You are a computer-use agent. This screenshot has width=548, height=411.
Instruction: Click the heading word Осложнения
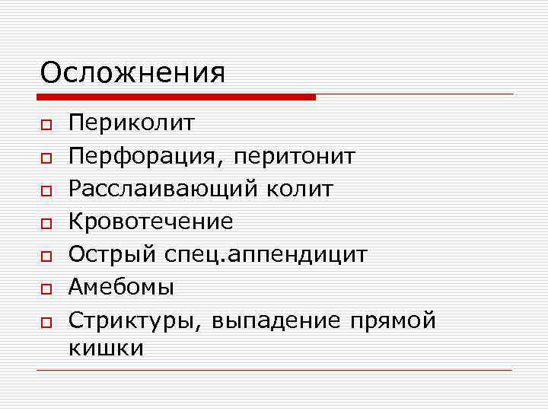[132, 73]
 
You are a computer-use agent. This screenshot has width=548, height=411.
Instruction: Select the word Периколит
[132, 123]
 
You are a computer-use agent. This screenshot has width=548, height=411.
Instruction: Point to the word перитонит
[295, 156]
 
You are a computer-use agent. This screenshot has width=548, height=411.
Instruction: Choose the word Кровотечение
[151, 221]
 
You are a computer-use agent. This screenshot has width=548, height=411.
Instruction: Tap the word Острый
[112, 254]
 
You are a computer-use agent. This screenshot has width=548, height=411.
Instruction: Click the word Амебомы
[121, 287]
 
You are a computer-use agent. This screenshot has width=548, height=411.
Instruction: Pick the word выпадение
[277, 320]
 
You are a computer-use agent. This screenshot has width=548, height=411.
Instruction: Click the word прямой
[393, 320]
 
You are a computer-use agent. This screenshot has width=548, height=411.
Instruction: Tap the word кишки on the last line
[106, 348]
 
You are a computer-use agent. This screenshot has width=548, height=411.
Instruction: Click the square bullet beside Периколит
[46, 124]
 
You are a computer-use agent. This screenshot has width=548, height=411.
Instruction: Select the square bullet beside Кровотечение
[46, 222]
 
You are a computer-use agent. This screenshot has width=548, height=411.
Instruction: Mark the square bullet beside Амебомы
[46, 288]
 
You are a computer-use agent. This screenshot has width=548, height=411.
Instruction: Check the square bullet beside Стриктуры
[46, 320]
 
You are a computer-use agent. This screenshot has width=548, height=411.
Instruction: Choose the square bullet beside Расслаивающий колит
[46, 190]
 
